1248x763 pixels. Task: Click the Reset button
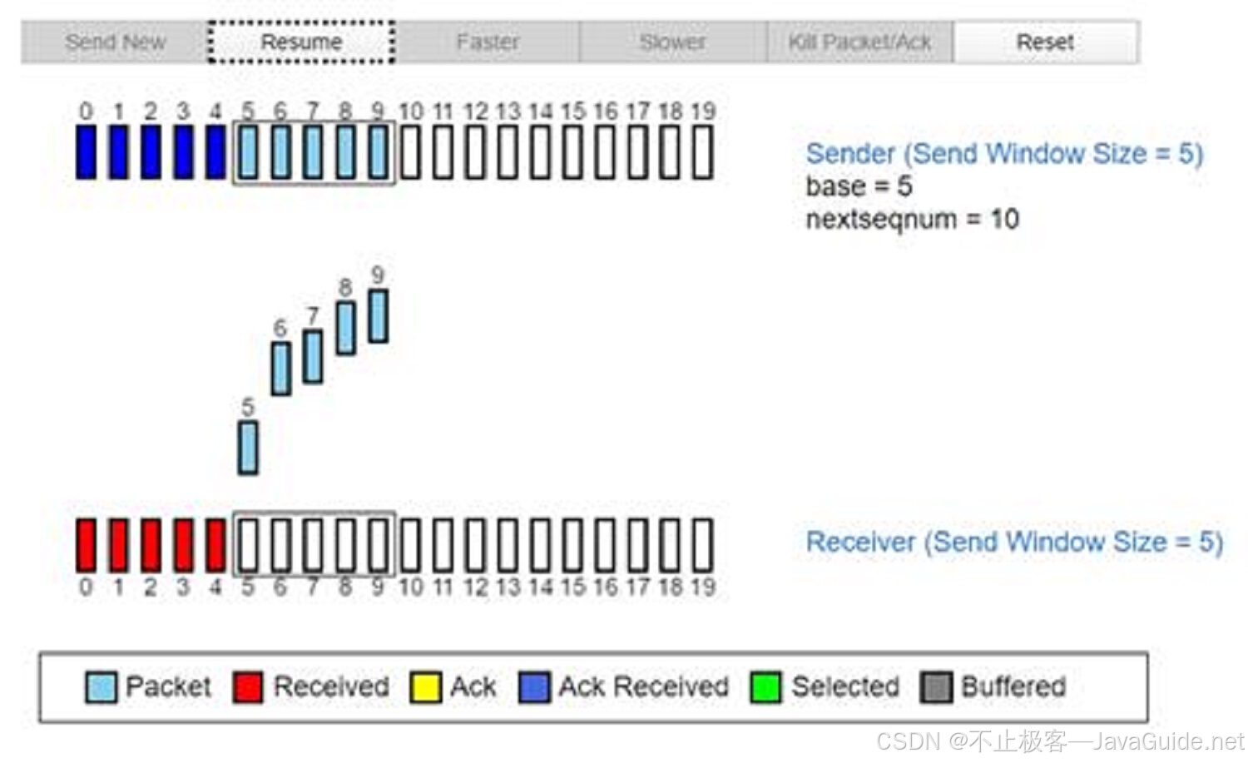(x=1045, y=42)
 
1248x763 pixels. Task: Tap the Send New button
(x=115, y=42)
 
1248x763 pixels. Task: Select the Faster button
(x=488, y=42)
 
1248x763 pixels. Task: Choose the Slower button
(x=672, y=42)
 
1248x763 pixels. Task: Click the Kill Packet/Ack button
(x=859, y=42)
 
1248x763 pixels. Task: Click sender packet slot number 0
(x=86, y=152)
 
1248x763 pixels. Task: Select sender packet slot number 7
(x=313, y=152)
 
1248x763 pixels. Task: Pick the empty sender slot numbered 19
(x=703, y=152)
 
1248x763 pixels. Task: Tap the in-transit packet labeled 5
(x=248, y=448)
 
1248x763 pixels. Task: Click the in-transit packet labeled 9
(x=378, y=315)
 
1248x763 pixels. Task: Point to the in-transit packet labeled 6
(x=281, y=368)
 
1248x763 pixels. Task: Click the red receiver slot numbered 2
(x=151, y=545)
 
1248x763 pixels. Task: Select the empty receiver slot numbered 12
(x=475, y=545)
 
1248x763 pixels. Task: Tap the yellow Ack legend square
(x=425, y=687)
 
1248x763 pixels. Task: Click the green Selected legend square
(x=765, y=687)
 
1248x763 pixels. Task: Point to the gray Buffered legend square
(x=936, y=687)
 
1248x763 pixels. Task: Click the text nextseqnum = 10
(x=912, y=220)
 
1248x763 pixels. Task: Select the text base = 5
(x=859, y=186)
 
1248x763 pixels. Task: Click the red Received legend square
(x=248, y=687)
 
